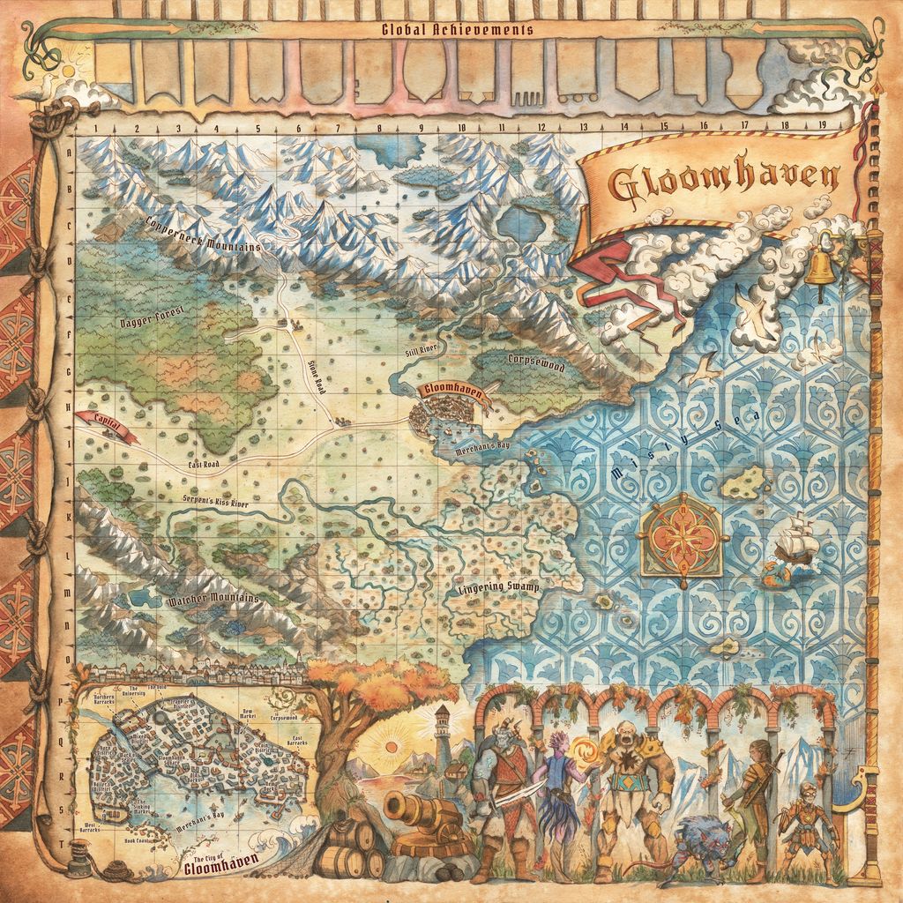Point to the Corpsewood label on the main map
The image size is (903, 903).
535,361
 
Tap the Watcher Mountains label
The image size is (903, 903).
213,601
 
